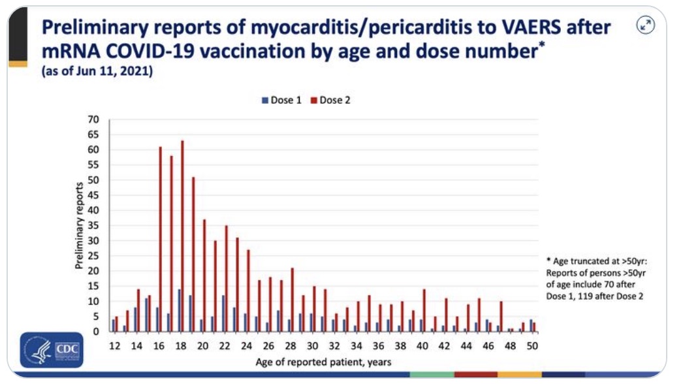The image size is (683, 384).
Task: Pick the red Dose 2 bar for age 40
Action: pyautogui.click(x=424, y=310)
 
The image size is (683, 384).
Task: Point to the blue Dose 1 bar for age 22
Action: pyautogui.click(x=223, y=313)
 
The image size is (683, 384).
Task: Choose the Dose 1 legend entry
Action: pyautogui.click(x=281, y=101)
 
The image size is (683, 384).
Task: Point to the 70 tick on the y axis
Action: pyautogui.click(x=94, y=120)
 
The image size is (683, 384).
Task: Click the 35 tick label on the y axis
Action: pyautogui.click(x=94, y=225)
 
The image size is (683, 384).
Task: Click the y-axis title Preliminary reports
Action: pyautogui.click(x=79, y=226)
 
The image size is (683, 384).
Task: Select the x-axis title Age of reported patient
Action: pyautogui.click(x=323, y=361)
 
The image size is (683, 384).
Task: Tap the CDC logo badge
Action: pyautogui.click(x=52, y=349)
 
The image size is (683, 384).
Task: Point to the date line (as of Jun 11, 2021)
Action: pyautogui.click(x=97, y=72)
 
